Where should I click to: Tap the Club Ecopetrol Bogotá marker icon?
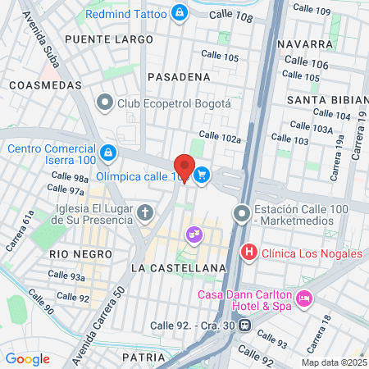(105, 103)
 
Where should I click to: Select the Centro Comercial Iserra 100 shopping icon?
(108, 153)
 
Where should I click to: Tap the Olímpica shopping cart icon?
(202, 175)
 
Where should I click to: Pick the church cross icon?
(145, 214)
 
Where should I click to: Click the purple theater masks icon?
(194, 235)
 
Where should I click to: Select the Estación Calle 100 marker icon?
(242, 214)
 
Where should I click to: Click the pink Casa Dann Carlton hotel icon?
(304, 298)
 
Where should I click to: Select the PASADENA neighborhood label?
(179, 76)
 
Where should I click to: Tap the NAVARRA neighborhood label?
(303, 43)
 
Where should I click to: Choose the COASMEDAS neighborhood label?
(45, 84)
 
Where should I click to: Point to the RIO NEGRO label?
(80, 254)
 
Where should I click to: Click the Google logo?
(27, 358)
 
